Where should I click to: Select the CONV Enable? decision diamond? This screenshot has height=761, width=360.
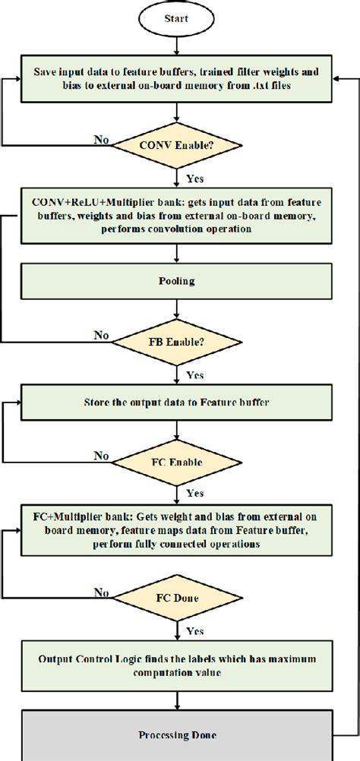tap(176, 144)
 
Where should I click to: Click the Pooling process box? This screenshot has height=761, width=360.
tap(176, 281)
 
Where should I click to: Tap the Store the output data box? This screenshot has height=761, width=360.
tap(176, 403)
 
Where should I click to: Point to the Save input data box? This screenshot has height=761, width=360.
tap(176, 79)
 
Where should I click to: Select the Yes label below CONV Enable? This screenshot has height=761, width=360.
tap(194, 179)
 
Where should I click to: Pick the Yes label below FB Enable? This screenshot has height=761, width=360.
tap(194, 374)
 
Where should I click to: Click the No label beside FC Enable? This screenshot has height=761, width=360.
tap(99, 456)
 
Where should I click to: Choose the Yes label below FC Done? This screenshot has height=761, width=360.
tap(194, 630)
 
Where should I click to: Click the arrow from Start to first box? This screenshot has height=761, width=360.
tap(176, 46)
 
